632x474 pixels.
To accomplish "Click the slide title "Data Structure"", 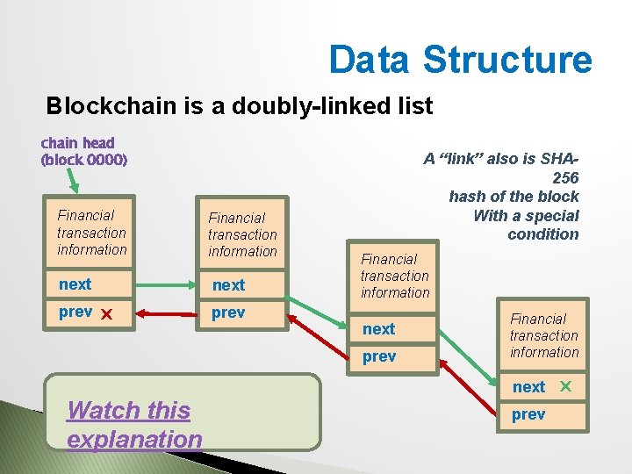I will tap(460, 60).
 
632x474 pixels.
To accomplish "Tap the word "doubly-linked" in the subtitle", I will tap(293, 107).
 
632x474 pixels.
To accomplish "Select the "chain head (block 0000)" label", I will tap(83, 151).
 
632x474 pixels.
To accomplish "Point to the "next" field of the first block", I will tap(75, 284).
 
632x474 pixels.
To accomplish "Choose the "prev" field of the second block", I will tap(228, 312).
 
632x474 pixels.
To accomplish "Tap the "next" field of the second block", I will tap(228, 285).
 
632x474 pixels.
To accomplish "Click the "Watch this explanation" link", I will tap(134, 424).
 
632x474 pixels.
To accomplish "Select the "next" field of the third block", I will tap(379, 329).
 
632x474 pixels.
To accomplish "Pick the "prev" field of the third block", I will tap(379, 356).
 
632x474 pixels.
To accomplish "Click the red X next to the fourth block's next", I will tap(566, 386).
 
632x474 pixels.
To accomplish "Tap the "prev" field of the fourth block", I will tap(528, 414).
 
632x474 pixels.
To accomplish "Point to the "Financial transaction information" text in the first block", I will tap(91, 233).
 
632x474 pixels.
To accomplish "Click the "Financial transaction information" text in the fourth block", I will tap(544, 335).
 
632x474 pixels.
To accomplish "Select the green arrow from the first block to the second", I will tap(165, 284).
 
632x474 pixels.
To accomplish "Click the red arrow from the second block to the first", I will tap(165, 312).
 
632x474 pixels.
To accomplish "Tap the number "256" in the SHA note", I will tap(566, 177).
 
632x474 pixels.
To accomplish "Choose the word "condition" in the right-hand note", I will tap(543, 233).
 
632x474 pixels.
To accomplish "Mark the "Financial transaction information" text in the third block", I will tap(395, 276).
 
